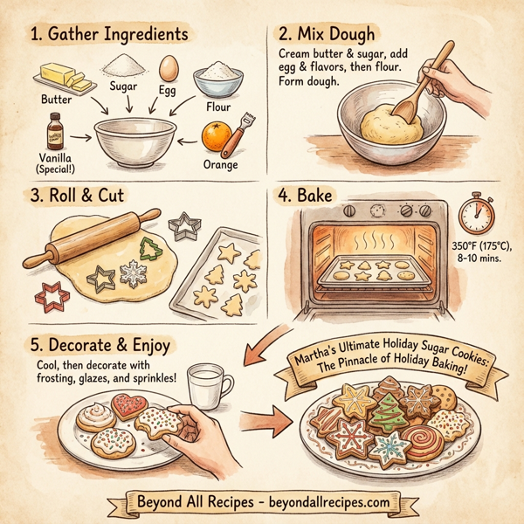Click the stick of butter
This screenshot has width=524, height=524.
pyautogui.click(x=68, y=79)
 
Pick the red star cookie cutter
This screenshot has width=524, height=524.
pyautogui.click(x=51, y=298)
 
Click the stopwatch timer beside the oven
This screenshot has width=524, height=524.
pyautogui.click(x=478, y=211)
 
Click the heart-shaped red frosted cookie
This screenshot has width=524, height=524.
pyautogui.click(x=128, y=404)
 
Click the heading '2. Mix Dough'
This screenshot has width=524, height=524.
pyautogui.click(x=326, y=37)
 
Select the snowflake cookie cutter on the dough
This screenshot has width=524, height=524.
pyautogui.click(x=134, y=275)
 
